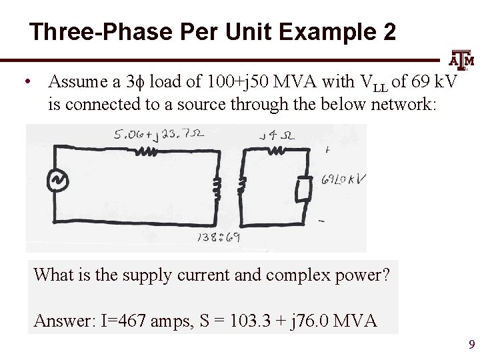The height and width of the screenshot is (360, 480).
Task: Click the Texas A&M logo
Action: tap(461, 61)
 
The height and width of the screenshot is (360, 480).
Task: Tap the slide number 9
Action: tap(471, 345)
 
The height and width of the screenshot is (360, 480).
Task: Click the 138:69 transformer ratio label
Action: tap(219, 237)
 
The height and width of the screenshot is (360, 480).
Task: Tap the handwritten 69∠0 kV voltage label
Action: tap(343, 179)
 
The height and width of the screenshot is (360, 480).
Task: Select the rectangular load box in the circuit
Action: tap(304, 189)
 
